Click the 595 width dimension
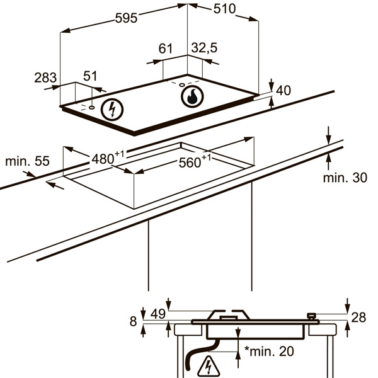127,18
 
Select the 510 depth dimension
224,9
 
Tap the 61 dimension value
166,49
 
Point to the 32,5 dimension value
204,47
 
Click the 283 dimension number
45,77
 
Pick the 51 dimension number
90,76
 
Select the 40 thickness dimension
283,90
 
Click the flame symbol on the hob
192,96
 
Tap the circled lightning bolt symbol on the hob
112,110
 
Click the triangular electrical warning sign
209,367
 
